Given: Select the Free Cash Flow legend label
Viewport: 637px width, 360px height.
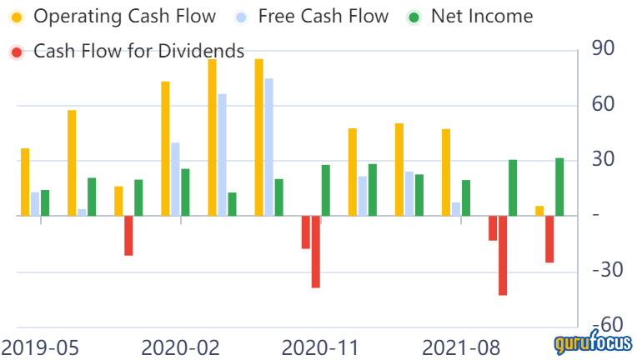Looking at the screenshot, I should click(323, 16).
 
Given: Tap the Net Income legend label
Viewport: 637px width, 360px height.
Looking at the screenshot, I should click(483, 16).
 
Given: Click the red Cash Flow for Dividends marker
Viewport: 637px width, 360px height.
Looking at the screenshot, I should click(16, 52).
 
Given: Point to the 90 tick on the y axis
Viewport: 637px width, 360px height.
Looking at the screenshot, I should click(603, 48).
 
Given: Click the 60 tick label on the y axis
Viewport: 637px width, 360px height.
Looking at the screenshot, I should click(603, 104).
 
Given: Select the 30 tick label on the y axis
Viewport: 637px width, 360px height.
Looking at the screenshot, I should click(603, 159).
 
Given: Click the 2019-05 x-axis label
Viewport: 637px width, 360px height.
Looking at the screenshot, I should click(39, 347).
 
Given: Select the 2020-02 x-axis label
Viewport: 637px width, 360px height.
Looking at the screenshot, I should click(180, 347).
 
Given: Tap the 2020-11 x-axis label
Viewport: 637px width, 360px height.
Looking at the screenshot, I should click(321, 347).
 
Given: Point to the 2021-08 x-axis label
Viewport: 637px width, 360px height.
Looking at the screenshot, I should click(461, 347).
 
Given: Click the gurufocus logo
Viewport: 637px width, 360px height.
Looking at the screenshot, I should click(592, 342).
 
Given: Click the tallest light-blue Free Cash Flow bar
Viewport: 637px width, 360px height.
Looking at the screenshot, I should click(268, 147).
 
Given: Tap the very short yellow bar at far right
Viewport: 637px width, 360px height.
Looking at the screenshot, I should click(539, 211).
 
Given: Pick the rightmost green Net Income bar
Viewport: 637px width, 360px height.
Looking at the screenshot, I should click(559, 187).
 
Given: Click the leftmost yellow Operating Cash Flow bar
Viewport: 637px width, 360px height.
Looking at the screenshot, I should click(25, 182).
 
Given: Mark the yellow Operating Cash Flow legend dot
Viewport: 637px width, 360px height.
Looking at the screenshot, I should click(16, 16).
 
